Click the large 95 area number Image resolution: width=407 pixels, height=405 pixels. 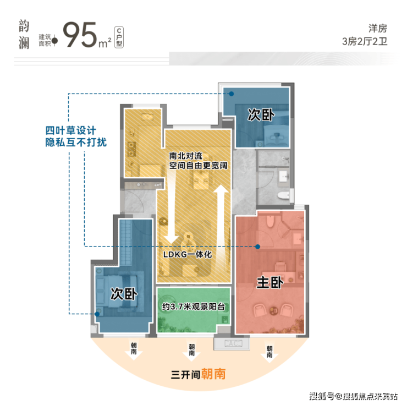80,35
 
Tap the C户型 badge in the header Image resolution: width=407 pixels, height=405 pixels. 119,37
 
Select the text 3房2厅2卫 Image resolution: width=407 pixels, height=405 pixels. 365,41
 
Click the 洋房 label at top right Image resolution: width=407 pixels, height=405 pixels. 378,28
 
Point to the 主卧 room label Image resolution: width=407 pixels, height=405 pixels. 269,282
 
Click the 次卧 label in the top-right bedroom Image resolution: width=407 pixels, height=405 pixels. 261,114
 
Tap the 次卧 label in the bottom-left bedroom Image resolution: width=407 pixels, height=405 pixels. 124,294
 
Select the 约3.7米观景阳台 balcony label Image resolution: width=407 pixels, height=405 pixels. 193,307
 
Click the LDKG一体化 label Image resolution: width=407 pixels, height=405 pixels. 188,254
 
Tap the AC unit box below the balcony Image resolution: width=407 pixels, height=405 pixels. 232,343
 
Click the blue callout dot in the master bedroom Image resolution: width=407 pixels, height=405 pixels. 257,247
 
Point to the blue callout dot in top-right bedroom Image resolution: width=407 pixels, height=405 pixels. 231,94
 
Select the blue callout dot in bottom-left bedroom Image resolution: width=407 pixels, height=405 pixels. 97,314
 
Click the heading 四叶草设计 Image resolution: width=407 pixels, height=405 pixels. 70,130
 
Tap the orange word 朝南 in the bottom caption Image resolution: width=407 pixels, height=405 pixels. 213,374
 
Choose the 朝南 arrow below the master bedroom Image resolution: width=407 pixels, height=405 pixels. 269,352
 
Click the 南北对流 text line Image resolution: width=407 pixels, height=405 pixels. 185,156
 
